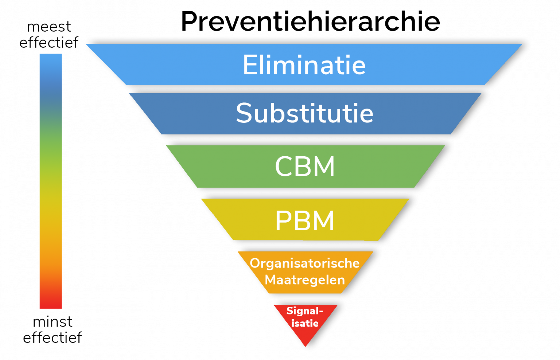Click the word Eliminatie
click(304, 65)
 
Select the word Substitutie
click(304, 113)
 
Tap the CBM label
click(305, 167)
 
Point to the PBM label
click(305, 220)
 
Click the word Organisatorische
click(305, 263)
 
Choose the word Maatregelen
click(305, 280)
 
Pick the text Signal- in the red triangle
click(305, 311)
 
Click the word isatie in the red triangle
click(305, 323)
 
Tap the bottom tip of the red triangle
click(306, 345)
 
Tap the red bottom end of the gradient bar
click(51, 304)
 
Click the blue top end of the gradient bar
click(51, 58)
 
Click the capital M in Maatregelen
click(271, 280)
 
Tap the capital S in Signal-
click(289, 311)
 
